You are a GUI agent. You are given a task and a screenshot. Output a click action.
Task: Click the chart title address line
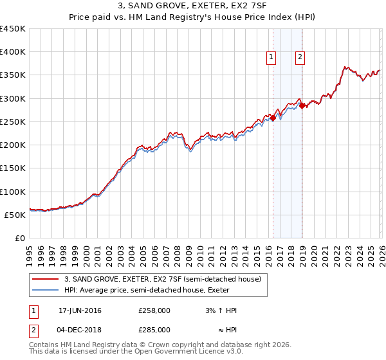point(193,6)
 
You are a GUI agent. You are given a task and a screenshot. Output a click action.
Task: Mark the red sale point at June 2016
point(273,118)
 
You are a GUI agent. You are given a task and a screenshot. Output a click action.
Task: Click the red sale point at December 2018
point(301,106)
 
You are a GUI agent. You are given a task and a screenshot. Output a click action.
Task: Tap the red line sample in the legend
point(46,280)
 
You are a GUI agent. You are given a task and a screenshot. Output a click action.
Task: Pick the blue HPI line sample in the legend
point(46,291)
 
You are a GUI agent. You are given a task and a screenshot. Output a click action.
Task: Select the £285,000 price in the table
point(154,330)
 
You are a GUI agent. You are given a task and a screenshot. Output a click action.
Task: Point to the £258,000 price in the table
point(154,310)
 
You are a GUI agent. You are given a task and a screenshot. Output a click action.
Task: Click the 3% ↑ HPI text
point(221,310)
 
